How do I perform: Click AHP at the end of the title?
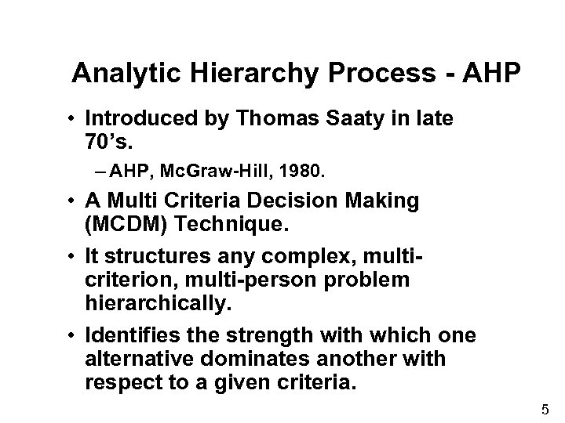pyautogui.click(x=489, y=74)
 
